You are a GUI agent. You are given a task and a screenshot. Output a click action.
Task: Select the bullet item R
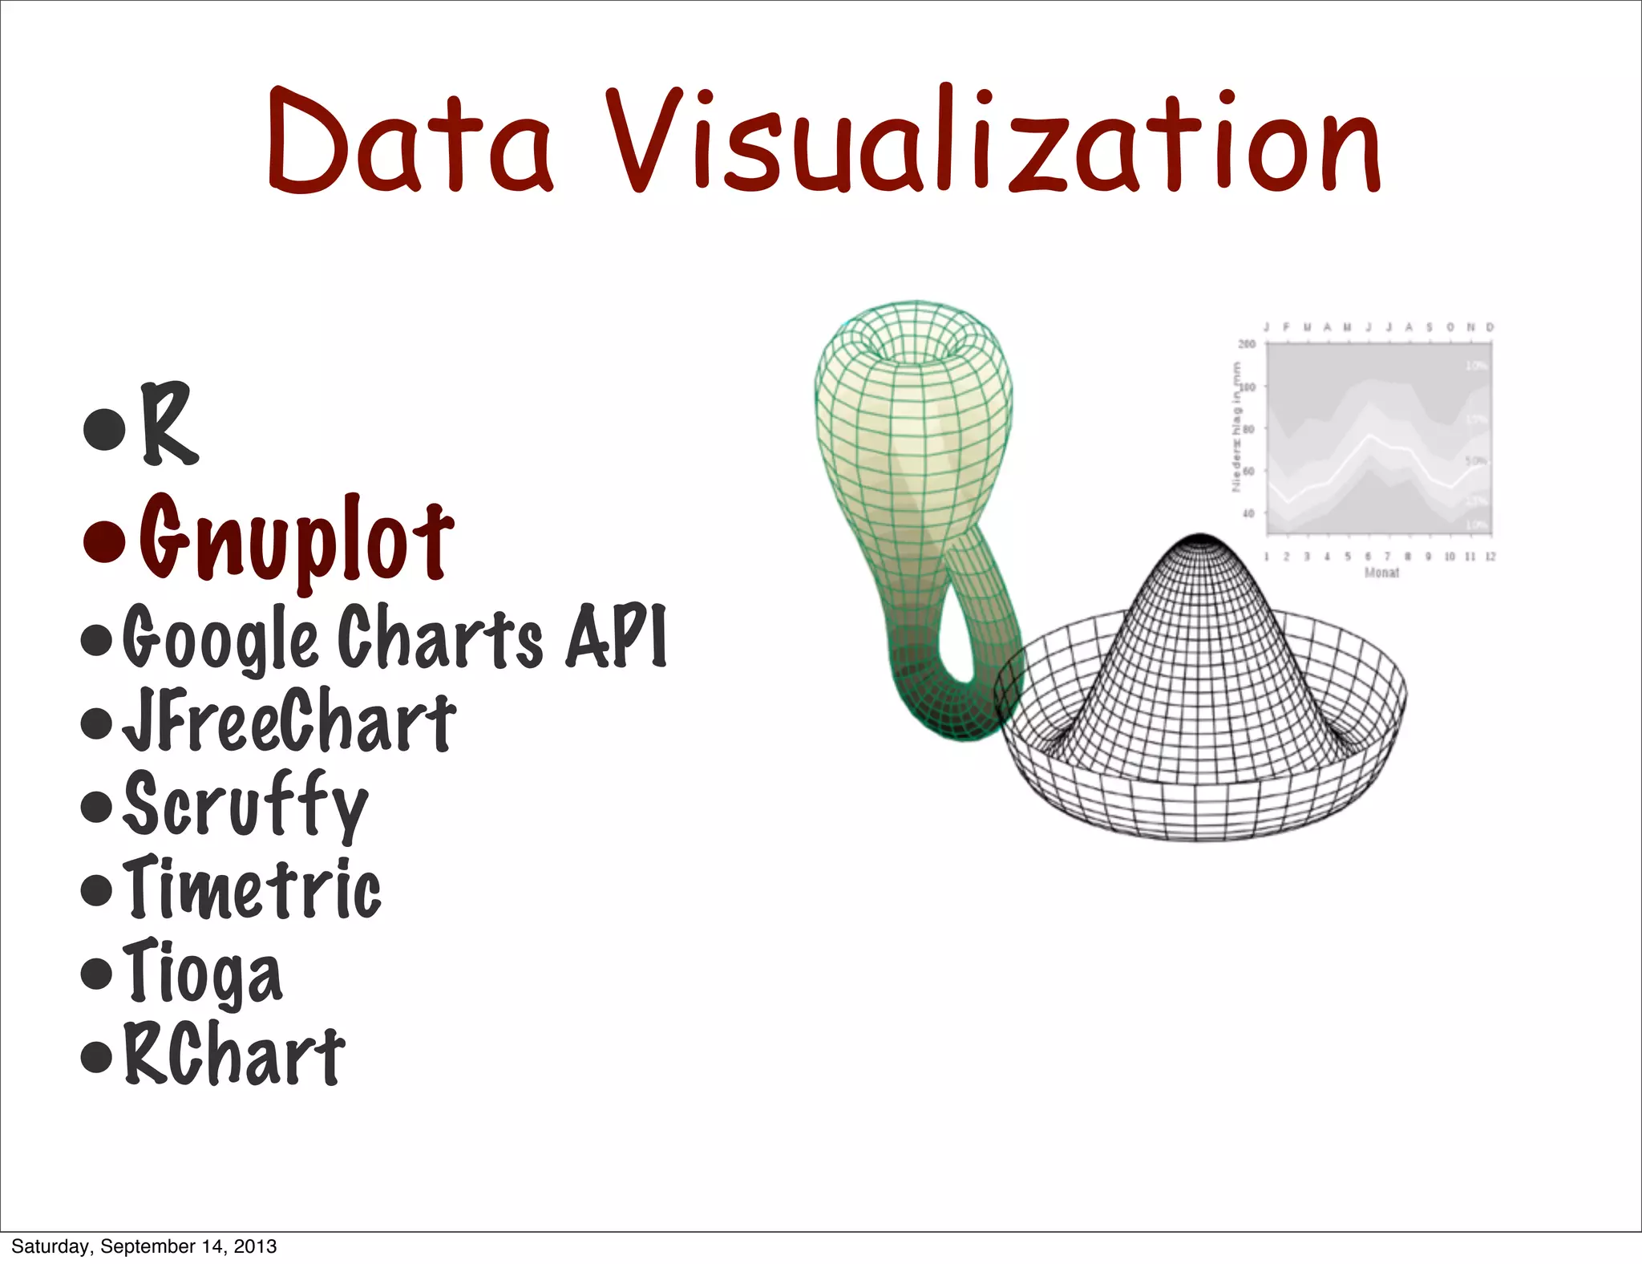(168, 423)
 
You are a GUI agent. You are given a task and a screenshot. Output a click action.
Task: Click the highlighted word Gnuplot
(297, 539)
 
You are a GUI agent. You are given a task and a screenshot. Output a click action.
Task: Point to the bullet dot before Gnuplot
(105, 541)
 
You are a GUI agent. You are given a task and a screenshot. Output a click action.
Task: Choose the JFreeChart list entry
(289, 722)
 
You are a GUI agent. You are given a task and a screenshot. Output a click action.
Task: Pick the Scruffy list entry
(245, 805)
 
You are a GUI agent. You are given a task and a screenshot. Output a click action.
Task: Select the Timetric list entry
(253, 889)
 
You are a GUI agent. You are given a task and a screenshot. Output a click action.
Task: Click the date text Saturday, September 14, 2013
(144, 1246)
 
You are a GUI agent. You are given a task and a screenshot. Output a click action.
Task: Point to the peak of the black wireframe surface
(1199, 539)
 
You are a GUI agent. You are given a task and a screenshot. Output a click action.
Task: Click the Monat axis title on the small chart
(1381, 573)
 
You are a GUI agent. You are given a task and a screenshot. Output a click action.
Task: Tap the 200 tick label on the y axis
(1247, 344)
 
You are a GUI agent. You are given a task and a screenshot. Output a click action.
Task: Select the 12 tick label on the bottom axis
(1490, 557)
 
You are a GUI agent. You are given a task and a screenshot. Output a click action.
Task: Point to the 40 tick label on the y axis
(1248, 513)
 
